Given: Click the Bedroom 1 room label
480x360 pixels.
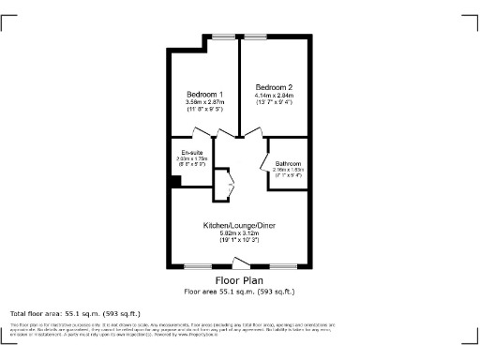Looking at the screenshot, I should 204,95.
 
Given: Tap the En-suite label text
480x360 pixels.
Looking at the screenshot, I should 192,152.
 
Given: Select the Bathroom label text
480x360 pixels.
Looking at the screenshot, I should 288,164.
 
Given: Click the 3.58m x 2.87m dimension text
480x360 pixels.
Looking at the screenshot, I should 204,103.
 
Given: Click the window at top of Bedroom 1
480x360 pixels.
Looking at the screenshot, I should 223,37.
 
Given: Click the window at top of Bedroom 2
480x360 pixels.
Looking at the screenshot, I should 254,37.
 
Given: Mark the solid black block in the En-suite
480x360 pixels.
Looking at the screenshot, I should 175,181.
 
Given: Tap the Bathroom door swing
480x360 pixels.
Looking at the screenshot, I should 265,151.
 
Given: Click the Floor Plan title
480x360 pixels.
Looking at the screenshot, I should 240,280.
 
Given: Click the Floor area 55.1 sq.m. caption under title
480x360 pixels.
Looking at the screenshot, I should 240,291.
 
